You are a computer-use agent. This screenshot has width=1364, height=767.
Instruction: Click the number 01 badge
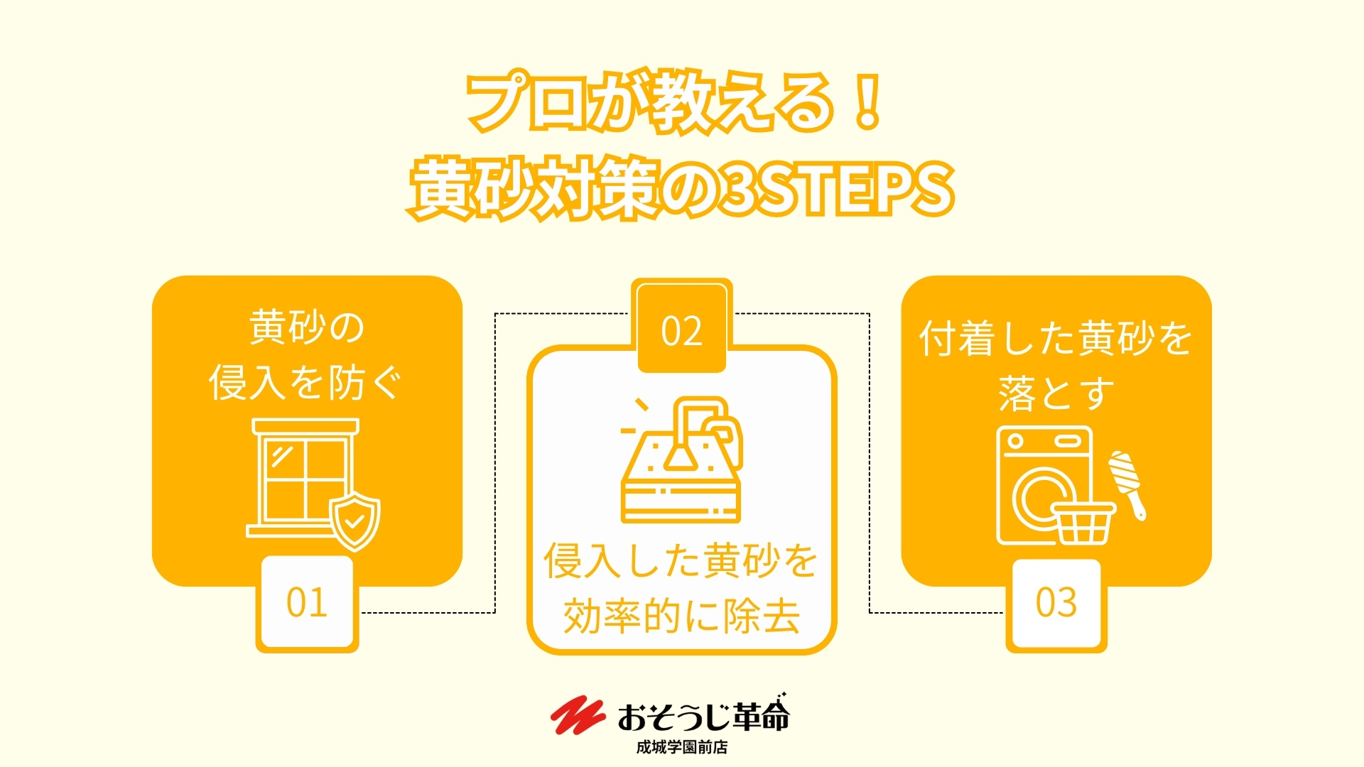pyautogui.click(x=307, y=603)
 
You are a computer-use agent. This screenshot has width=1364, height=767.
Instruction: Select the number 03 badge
pyautogui.click(x=1056, y=604)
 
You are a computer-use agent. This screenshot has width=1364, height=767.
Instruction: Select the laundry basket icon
pyautogui.click(x=1083, y=523)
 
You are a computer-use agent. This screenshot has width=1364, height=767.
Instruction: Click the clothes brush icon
pyautogui.click(x=1128, y=485)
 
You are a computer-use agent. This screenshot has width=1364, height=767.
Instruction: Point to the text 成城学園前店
pyautogui.click(x=682, y=747)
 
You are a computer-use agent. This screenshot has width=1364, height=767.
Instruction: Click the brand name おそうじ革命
pyautogui.click(x=703, y=715)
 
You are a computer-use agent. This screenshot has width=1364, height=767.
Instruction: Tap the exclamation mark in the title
pyautogui.click(x=867, y=102)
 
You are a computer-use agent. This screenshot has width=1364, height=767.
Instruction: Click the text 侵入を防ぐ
pyautogui.click(x=305, y=383)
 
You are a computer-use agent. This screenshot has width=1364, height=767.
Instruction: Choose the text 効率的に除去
pyautogui.click(x=682, y=616)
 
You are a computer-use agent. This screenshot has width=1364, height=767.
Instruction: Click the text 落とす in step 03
pyautogui.click(x=1056, y=393)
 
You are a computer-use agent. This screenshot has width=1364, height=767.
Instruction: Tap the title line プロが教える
pyautogui.click(x=650, y=102)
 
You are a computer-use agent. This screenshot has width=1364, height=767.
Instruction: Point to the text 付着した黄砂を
pyautogui.click(x=1056, y=338)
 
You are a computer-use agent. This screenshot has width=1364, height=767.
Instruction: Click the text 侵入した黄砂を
pyautogui.click(x=681, y=561)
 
